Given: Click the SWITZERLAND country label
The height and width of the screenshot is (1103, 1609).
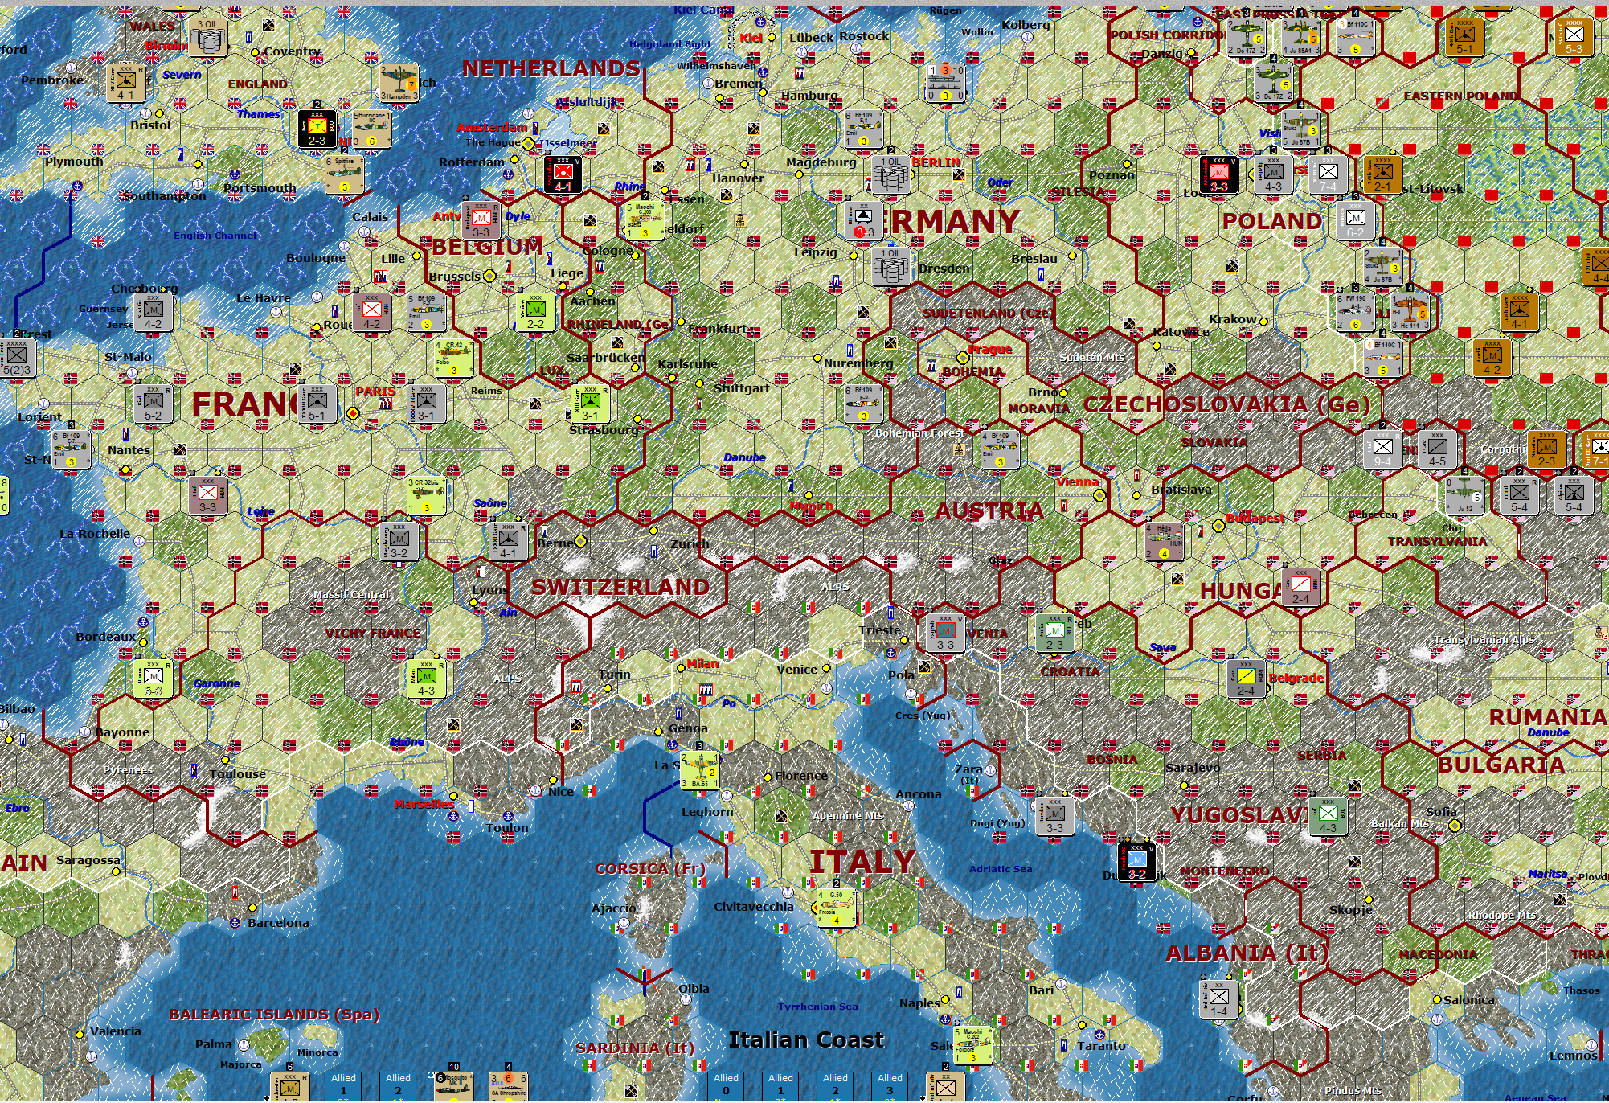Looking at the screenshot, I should [x=620, y=587].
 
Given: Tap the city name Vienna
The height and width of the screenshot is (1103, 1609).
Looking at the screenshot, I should [x=1077, y=482].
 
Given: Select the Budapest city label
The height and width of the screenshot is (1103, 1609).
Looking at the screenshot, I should [x=1255, y=519].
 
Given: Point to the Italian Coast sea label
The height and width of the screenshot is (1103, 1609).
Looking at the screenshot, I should [x=805, y=1040].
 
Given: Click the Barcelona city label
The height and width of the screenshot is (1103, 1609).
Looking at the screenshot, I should [x=277, y=923].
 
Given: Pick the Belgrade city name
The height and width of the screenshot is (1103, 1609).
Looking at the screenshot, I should [x=1296, y=678].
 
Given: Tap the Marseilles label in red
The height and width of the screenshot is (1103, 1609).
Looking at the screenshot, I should [x=424, y=804].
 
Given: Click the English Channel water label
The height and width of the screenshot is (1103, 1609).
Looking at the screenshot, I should [x=215, y=236].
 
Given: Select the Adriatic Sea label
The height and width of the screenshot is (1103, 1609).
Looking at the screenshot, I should [x=1000, y=869].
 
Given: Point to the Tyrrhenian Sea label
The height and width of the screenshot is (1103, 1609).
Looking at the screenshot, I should [x=817, y=1007].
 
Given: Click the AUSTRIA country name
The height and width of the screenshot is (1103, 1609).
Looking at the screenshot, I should [x=989, y=510].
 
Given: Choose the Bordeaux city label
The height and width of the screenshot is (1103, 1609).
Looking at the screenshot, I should [x=106, y=637].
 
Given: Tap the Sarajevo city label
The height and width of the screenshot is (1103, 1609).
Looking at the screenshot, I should [x=1193, y=768].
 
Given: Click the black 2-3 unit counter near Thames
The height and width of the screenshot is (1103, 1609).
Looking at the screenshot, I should [x=317, y=129].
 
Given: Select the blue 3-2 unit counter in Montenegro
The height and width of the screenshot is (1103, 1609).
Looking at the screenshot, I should [x=1136, y=863].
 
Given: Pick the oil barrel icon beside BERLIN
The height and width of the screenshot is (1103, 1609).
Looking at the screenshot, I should [x=890, y=173].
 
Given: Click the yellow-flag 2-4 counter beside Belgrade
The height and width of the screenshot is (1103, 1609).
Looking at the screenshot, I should [x=1246, y=679].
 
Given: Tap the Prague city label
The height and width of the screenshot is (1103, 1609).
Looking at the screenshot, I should [x=989, y=350].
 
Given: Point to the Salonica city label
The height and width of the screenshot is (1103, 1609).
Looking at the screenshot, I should [x=1468, y=1000].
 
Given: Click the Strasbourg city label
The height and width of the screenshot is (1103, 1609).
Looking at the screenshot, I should [x=604, y=430].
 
